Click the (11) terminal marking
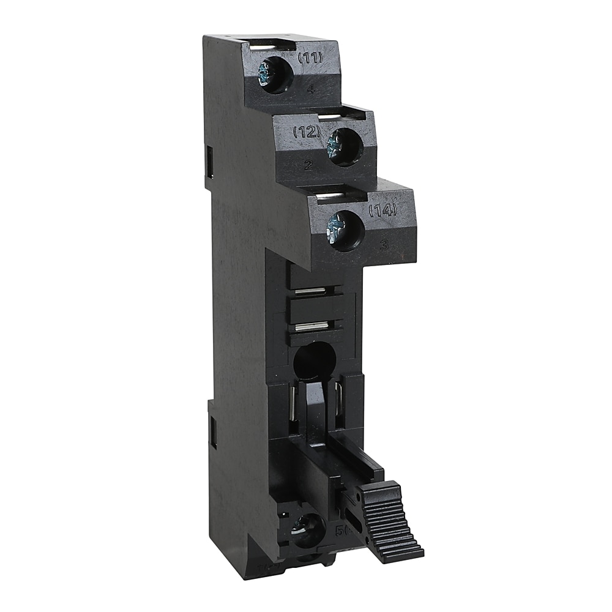[x=311, y=59]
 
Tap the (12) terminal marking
[x=307, y=131]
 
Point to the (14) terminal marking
[x=383, y=210]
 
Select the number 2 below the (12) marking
[x=308, y=164]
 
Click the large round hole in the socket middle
[x=314, y=361]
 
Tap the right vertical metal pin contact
[x=337, y=401]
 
